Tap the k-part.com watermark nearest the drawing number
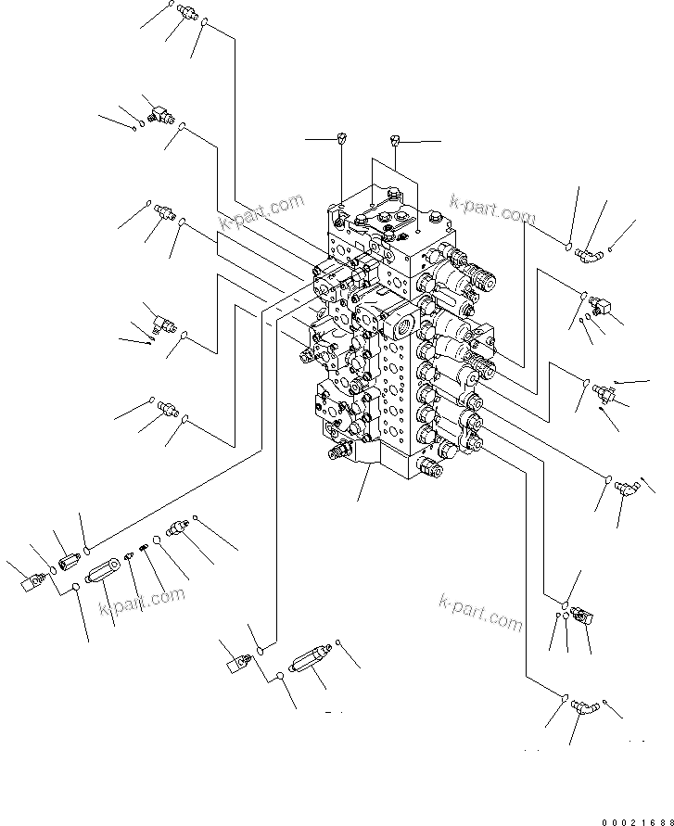click(481, 613)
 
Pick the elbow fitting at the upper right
click(588, 249)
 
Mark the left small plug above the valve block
click(341, 139)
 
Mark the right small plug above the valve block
click(396, 141)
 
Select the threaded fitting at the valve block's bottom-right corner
click(432, 469)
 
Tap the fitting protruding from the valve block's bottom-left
click(337, 453)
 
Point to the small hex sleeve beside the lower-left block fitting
click(68, 561)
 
